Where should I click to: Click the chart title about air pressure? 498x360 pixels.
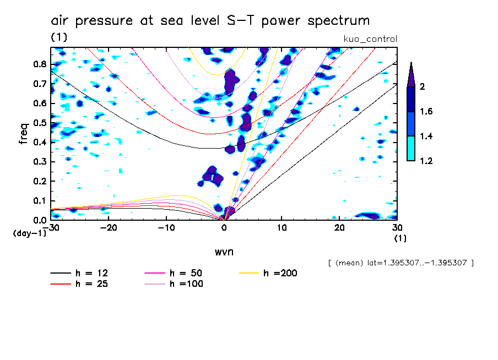210,21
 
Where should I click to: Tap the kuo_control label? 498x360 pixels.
370,39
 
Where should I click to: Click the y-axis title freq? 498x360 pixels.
24,133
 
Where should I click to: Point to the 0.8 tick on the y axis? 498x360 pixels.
40,64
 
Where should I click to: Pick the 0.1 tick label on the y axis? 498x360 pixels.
40,200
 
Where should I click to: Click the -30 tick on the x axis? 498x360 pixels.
52,227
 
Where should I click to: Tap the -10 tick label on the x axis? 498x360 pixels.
166,227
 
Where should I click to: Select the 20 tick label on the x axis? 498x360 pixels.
340,227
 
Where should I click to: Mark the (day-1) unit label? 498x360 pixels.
29,233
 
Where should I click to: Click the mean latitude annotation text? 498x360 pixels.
400,263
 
